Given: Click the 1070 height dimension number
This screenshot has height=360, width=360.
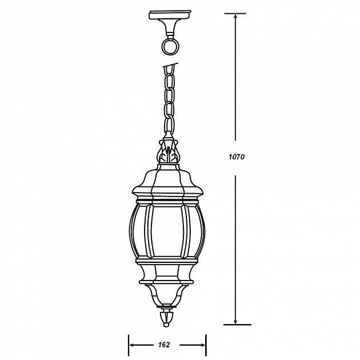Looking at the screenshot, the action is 237,157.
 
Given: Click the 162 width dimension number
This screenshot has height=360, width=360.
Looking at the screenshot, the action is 164,345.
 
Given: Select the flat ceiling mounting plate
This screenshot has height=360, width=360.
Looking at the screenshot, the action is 170,15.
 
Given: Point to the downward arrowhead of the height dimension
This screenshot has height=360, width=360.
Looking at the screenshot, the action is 235,321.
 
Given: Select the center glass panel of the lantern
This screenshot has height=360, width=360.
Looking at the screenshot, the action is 167,231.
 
